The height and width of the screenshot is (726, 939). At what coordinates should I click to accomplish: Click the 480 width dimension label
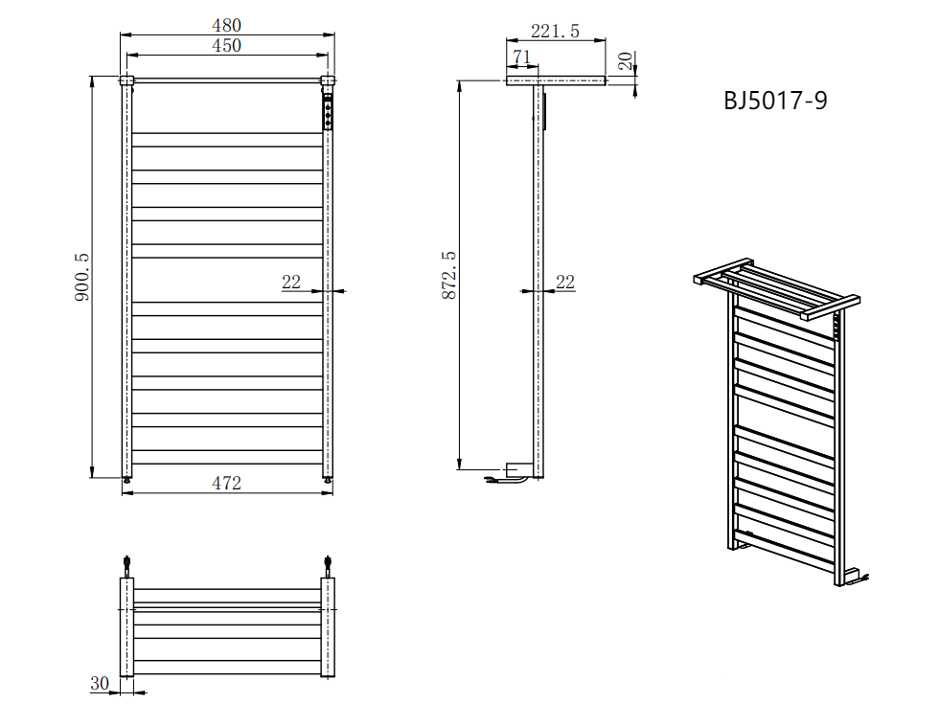(227, 25)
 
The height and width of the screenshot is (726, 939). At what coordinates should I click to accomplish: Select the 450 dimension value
(227, 45)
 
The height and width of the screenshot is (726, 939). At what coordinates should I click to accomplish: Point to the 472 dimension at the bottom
(227, 483)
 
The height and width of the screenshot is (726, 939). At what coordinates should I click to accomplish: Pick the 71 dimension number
(521, 57)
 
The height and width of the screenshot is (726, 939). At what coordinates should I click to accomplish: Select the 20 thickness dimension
(625, 63)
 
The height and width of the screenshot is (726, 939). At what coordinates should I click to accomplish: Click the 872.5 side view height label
(448, 276)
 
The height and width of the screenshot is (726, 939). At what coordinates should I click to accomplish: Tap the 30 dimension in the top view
(99, 683)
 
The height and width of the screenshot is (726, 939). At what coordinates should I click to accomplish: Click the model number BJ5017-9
(775, 101)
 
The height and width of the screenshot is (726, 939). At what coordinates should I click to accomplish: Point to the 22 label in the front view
(291, 282)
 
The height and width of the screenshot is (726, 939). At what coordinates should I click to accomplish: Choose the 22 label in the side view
(565, 282)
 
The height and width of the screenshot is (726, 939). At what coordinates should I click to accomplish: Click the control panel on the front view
(329, 112)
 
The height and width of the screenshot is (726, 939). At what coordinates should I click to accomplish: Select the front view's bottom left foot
(126, 476)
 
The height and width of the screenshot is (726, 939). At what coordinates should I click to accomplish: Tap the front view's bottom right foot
(329, 476)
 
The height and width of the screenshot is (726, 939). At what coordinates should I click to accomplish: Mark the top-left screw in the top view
(126, 564)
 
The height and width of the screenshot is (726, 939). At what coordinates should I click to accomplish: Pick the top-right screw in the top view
(329, 564)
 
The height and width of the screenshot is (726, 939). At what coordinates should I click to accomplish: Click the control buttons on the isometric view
(836, 329)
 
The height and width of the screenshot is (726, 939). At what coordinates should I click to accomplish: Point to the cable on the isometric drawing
(863, 577)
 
